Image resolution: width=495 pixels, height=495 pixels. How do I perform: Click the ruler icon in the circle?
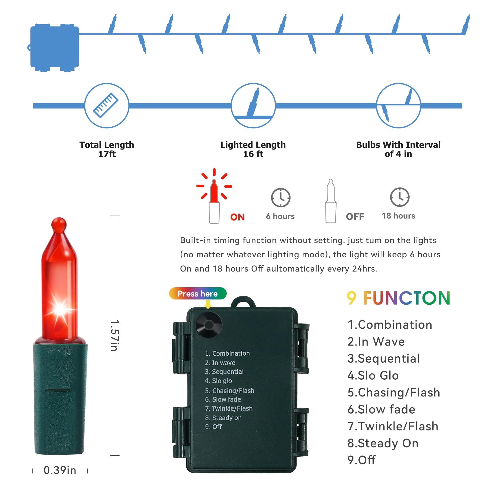[x=106, y=105]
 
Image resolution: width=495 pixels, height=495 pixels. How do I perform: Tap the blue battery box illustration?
[x=54, y=48]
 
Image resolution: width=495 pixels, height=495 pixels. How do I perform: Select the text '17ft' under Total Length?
[x=107, y=154]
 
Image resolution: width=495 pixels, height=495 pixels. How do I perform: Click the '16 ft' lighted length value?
[x=253, y=154]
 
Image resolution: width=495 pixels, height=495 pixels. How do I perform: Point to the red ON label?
[x=237, y=217]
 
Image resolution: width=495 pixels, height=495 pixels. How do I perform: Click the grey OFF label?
[x=355, y=217]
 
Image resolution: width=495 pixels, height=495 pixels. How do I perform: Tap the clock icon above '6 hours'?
[x=281, y=198]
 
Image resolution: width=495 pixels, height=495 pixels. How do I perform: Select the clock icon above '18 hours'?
[x=400, y=197]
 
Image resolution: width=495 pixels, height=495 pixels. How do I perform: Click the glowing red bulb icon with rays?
[x=214, y=196]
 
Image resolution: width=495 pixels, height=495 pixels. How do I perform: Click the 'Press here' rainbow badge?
[x=198, y=294]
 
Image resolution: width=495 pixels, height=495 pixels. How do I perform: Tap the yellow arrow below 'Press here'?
[x=208, y=304]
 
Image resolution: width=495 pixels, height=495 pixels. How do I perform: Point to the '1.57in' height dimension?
[x=114, y=335]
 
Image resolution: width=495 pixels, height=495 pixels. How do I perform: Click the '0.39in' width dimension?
[x=60, y=470]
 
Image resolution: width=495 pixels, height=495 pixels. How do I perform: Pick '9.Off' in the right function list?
[x=361, y=460]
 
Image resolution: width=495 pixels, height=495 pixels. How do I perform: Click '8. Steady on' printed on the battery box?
[x=223, y=418]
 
